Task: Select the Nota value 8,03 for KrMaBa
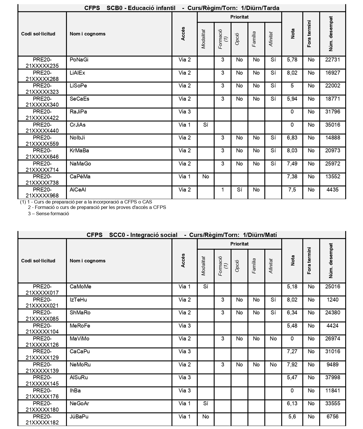pyautogui.click(x=292, y=151)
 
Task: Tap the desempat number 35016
pyautogui.click(x=333, y=125)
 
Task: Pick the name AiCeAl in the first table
pyautogui.click(x=78, y=190)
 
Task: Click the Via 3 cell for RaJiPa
pyautogui.click(x=185, y=112)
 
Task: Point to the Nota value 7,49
pyautogui.click(x=292, y=164)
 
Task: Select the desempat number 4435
pyautogui.click(x=333, y=190)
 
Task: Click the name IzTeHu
pyautogui.click(x=78, y=300)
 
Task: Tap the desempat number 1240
pyautogui.click(x=333, y=300)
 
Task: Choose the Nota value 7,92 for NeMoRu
pyautogui.click(x=292, y=365)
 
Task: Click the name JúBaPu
pyautogui.click(x=79, y=417)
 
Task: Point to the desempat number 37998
pyautogui.click(x=333, y=378)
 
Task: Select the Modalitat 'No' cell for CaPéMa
pyautogui.click(x=206, y=177)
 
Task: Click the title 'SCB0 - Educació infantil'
pyautogui.click(x=141, y=8)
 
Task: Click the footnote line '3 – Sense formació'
pyautogui.click(x=48, y=213)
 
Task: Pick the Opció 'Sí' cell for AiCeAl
pyautogui.click(x=240, y=190)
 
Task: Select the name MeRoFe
pyautogui.click(x=80, y=326)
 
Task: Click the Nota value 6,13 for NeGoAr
pyautogui.click(x=292, y=404)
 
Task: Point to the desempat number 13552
pyautogui.click(x=333, y=177)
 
